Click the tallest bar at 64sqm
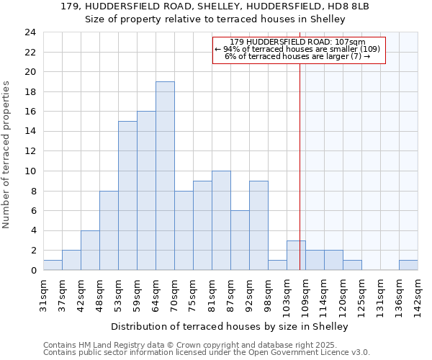[165, 176]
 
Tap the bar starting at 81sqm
[221, 220]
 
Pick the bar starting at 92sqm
[258, 225]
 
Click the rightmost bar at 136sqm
[408, 265]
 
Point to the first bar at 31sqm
[53, 265]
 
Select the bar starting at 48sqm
[109, 230]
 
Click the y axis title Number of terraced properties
[7, 154]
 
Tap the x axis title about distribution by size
[230, 326]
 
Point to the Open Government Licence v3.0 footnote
[207, 353]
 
